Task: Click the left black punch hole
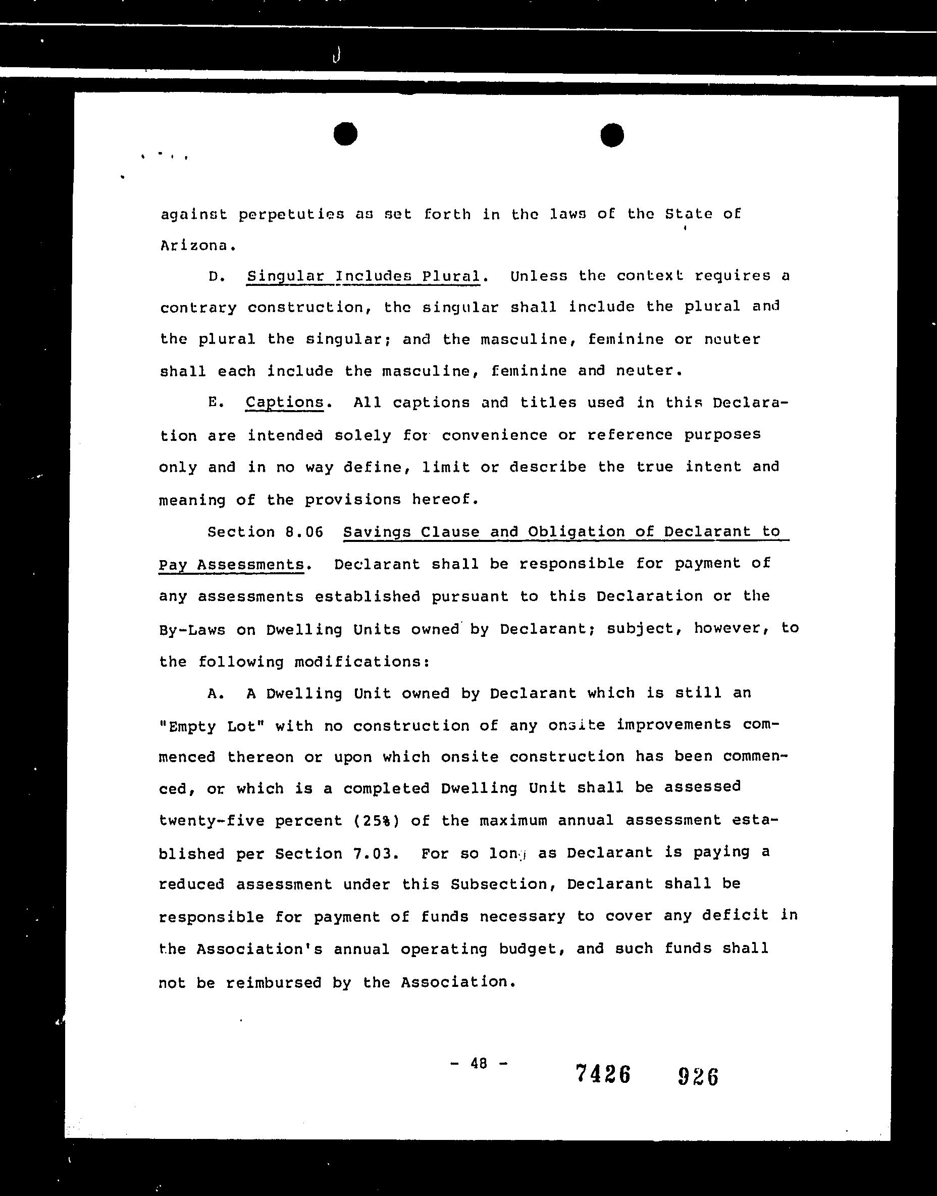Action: pos(345,134)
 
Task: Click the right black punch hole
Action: pos(612,135)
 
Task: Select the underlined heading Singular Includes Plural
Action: pos(363,276)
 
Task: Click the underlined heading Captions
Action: pos(284,403)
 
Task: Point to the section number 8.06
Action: pos(304,532)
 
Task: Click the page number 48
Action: pos(479,1064)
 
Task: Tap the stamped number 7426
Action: pos(603,1074)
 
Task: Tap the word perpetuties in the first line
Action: pos(291,214)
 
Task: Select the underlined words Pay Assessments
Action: pos(231,564)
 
